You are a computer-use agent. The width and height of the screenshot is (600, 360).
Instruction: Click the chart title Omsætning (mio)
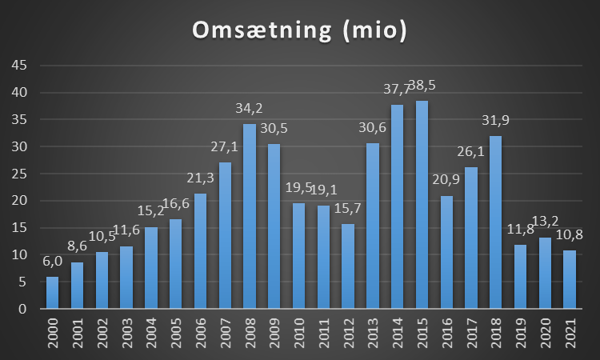click(299, 31)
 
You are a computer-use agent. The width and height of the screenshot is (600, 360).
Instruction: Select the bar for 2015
click(422, 205)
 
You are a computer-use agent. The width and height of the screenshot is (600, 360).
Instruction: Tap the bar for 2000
click(53, 293)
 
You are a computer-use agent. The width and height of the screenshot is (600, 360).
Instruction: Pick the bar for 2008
click(250, 216)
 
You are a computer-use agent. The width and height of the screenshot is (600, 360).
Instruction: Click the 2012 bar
click(348, 266)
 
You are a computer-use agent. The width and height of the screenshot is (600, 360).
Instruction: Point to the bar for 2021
click(569, 279)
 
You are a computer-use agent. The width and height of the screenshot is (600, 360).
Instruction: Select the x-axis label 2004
click(151, 330)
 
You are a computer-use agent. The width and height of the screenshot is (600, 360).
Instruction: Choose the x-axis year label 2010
click(298, 330)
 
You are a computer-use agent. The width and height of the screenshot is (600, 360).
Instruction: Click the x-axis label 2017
click(470, 330)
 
